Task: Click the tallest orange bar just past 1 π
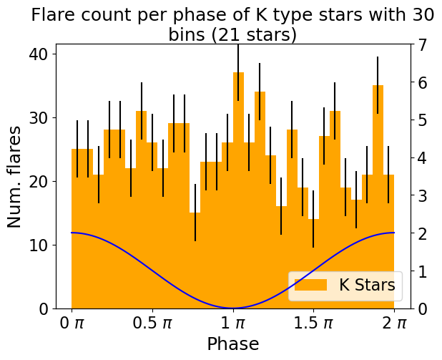238,190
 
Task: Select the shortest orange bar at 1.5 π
313,263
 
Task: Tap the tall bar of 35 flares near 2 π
378,197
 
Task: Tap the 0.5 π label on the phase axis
152,323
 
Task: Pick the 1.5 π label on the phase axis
313,323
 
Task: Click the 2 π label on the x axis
394,323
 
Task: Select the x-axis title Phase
233,344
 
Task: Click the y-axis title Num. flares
14,177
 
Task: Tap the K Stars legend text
367,285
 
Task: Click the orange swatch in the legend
310,285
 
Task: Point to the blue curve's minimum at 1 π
233,308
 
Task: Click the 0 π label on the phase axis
72,323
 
